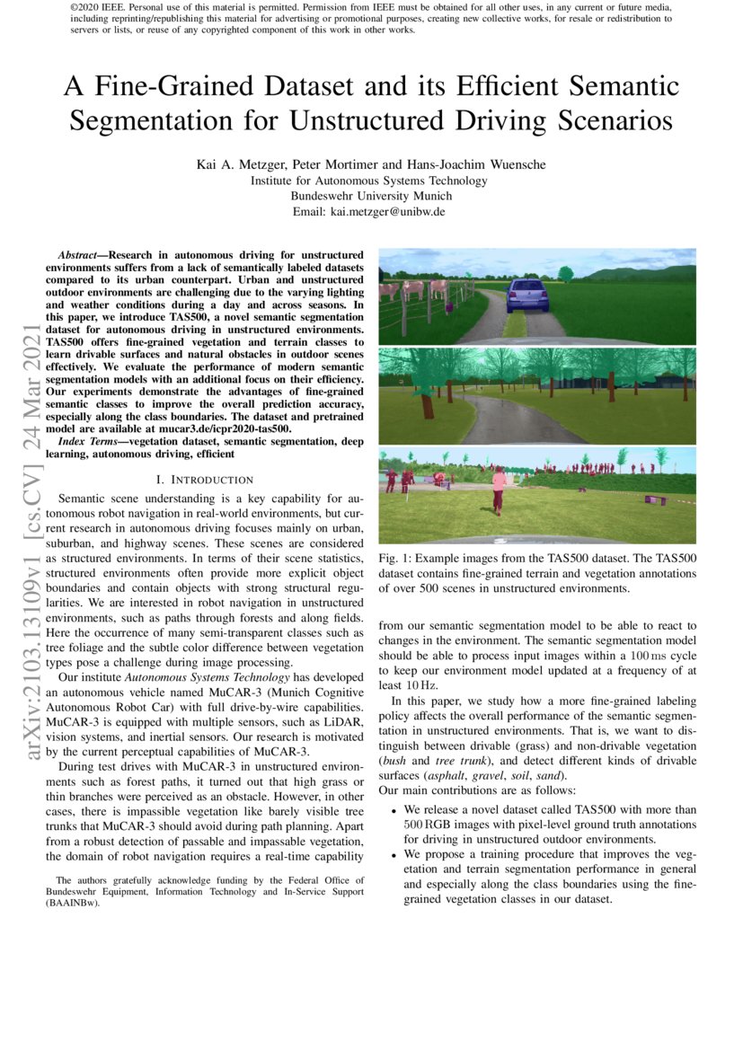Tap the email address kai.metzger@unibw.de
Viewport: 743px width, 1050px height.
pos(390,212)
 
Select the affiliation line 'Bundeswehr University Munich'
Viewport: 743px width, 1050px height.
pos(371,196)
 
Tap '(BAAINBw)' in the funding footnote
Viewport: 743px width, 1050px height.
pos(73,904)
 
